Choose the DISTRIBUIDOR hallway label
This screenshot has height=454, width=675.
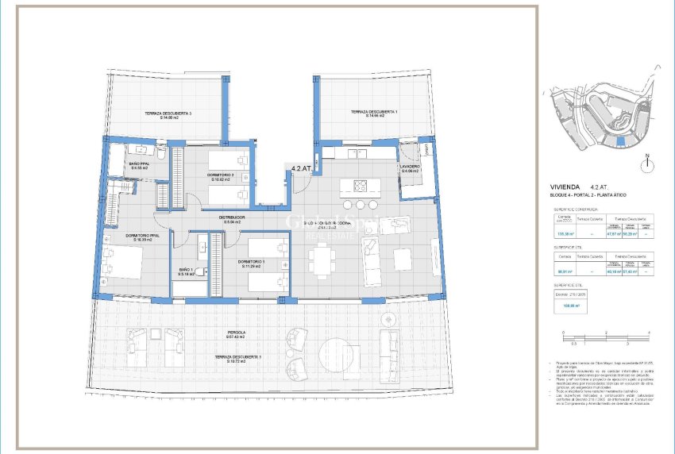233,219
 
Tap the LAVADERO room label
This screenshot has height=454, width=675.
410,168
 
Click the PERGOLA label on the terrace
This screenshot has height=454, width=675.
235,334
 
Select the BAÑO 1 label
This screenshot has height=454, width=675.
186,271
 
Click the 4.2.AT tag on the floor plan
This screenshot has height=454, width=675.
301,168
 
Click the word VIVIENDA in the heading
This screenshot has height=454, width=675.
569,187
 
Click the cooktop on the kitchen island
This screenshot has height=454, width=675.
360,187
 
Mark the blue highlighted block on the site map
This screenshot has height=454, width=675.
621,141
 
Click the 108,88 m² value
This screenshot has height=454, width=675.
569,303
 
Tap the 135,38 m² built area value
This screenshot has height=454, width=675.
565,234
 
